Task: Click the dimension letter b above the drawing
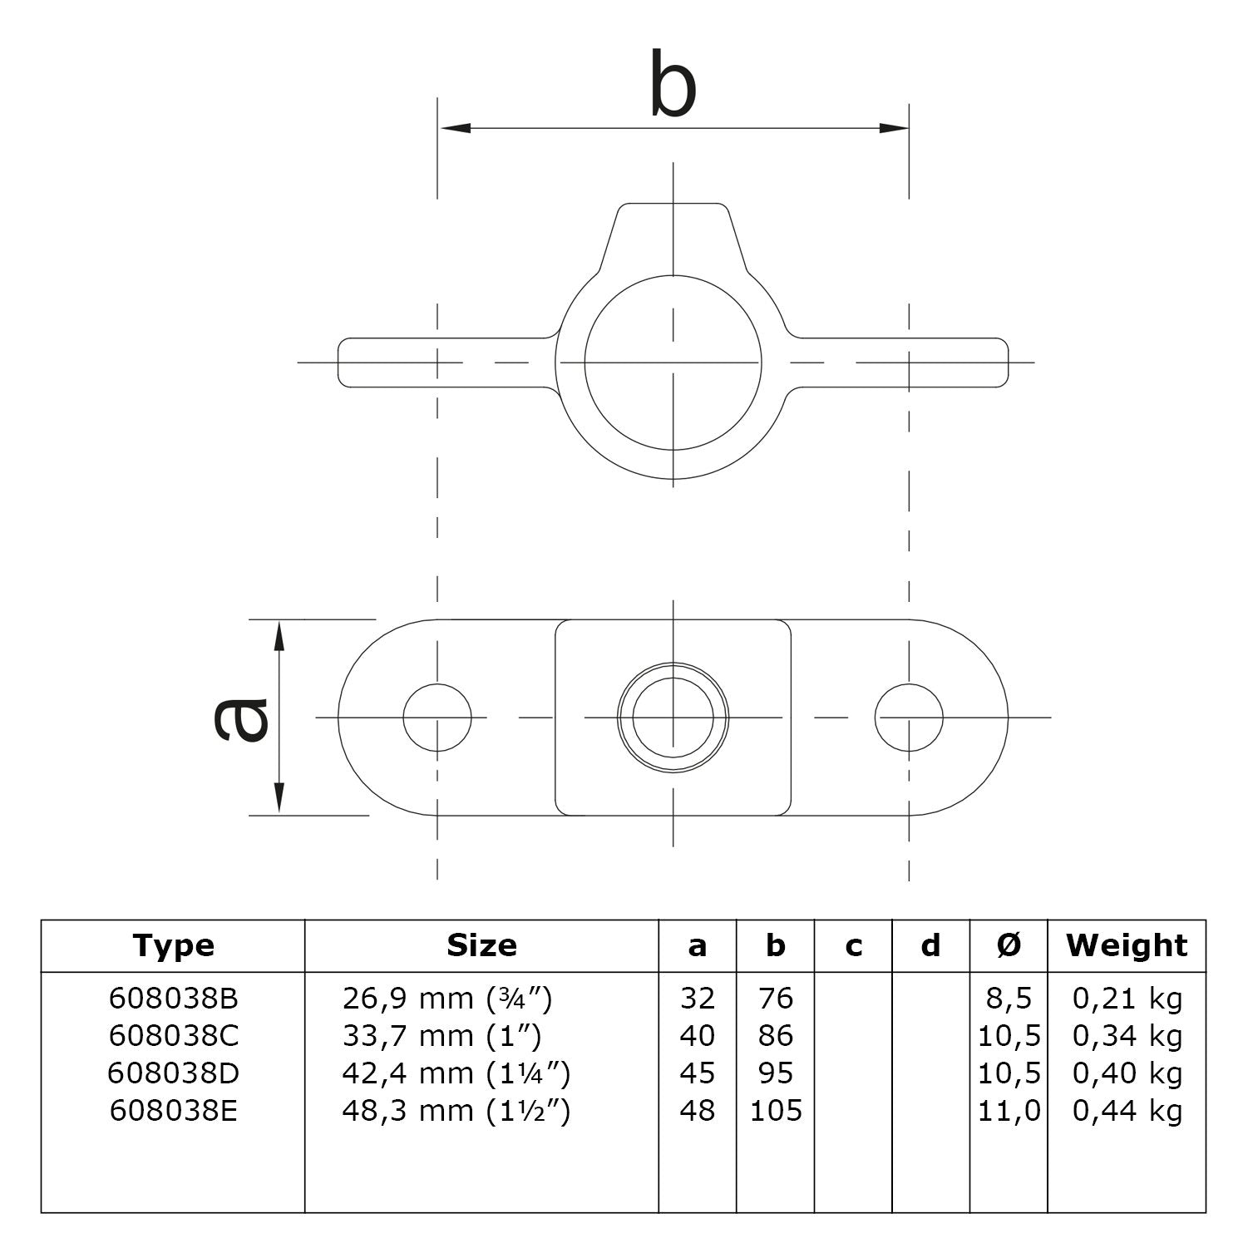click(672, 85)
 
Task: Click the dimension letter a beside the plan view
click(241, 718)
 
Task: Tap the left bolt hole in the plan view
click(437, 718)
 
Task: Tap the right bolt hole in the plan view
click(909, 718)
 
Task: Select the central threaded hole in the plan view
click(673, 718)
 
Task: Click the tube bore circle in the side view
click(673, 363)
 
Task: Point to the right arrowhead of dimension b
click(894, 128)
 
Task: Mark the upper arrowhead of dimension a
click(279, 636)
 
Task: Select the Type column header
click(173, 945)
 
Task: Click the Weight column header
click(1127, 945)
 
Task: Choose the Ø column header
click(1009, 945)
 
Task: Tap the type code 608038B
click(173, 998)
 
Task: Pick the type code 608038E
click(173, 1111)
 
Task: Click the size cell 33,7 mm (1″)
click(441, 1036)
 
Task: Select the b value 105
click(776, 1111)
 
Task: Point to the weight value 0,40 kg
click(1127, 1073)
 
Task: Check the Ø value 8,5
click(1009, 998)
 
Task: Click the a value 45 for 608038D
click(697, 1073)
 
